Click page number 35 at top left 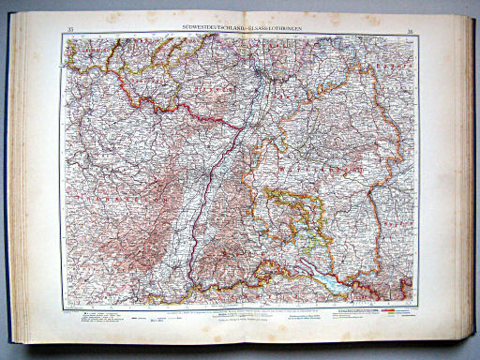[71, 33]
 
